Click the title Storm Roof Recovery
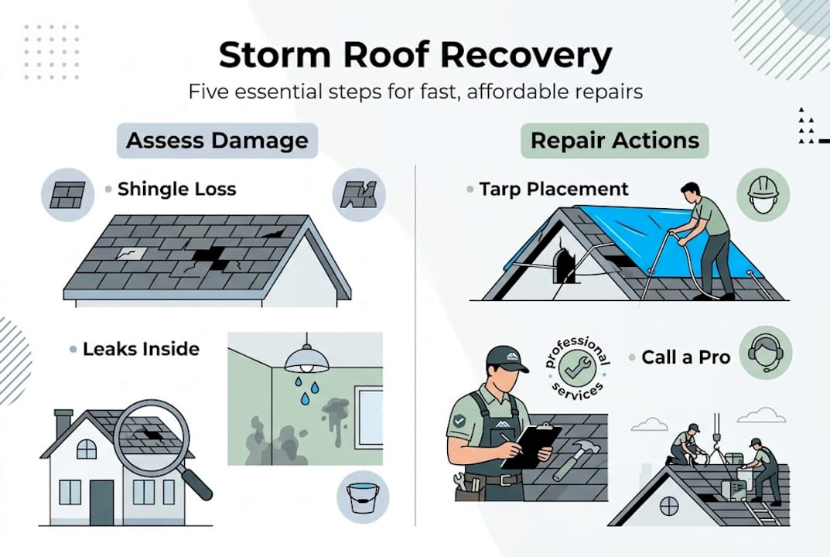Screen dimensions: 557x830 (415, 56)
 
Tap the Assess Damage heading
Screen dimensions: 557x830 (217, 141)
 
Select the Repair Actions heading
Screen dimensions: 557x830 (614, 141)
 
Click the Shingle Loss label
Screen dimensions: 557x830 (176, 190)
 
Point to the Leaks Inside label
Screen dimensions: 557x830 (141, 349)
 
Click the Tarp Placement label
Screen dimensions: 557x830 (554, 189)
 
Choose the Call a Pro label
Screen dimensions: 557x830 (685, 357)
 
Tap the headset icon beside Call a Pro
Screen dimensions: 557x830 (766, 352)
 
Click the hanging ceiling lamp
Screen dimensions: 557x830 (307, 360)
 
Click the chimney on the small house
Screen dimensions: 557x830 (63, 424)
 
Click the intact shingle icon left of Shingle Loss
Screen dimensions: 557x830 (68, 194)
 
